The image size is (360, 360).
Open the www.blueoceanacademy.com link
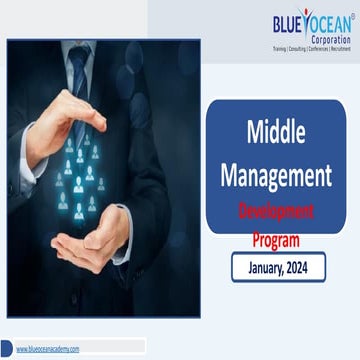tap(47, 348)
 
